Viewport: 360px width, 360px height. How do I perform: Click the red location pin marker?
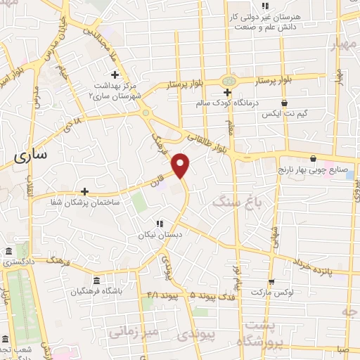point(181,165)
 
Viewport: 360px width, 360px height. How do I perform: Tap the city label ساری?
point(30,157)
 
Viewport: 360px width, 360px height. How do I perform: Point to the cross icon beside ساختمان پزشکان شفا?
point(84,191)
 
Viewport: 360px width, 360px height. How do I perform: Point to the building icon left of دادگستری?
point(8,252)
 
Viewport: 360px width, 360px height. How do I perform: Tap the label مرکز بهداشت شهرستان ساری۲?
point(116,89)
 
